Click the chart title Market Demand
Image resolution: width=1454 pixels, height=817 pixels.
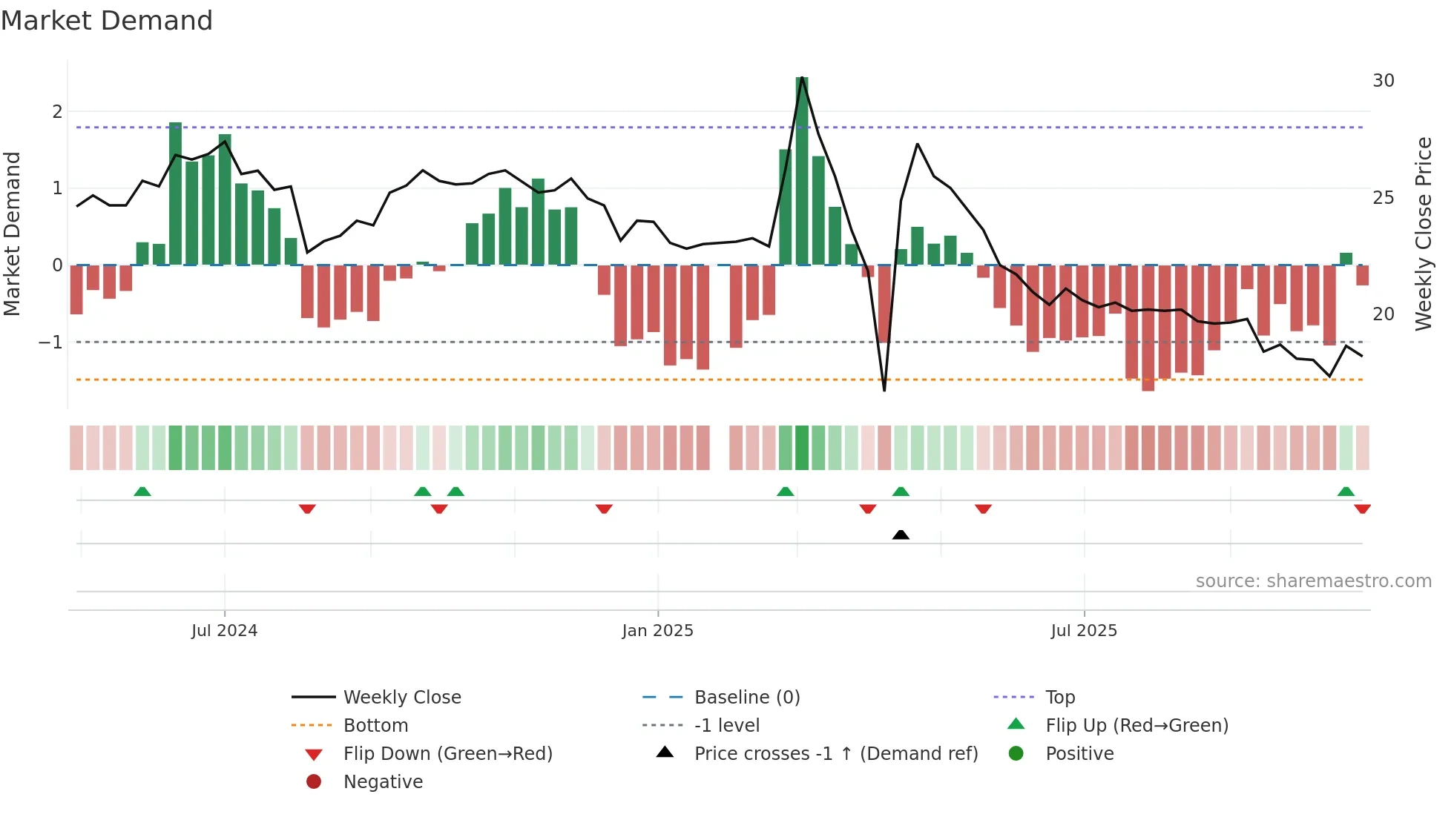[x=107, y=21]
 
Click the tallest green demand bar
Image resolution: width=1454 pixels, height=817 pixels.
[x=802, y=171]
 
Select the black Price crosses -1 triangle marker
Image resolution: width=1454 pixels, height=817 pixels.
[x=901, y=535]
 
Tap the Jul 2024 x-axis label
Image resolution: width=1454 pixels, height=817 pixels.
[x=224, y=631]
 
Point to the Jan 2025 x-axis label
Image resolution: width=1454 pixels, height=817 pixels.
[x=657, y=631]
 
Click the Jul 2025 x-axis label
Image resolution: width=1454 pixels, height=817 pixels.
[x=1084, y=631]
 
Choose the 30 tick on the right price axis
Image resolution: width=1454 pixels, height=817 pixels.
[x=1383, y=81]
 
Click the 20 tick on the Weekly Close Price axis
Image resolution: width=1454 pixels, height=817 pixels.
[x=1383, y=314]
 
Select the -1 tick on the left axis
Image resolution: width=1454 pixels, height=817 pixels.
[x=50, y=343]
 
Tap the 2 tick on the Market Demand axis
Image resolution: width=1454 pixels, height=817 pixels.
[x=57, y=112]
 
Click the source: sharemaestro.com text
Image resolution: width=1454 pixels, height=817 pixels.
[x=1313, y=581]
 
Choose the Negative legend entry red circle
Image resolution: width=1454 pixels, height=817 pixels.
[x=314, y=782]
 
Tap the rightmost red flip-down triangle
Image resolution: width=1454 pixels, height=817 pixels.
[x=1362, y=509]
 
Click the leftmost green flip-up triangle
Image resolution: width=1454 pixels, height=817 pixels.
[x=142, y=492]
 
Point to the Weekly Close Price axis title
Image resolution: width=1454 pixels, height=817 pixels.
[x=1423, y=234]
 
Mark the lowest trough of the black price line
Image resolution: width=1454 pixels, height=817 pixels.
[x=884, y=390]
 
